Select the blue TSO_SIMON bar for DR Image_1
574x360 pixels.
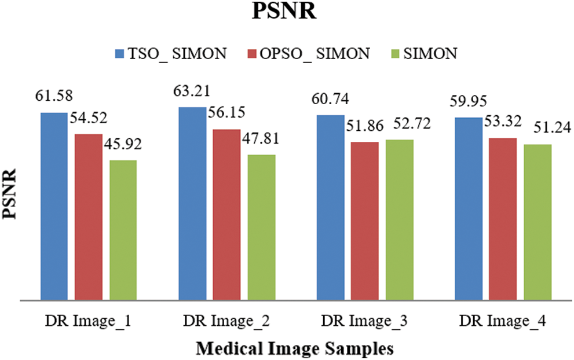[x=53, y=206]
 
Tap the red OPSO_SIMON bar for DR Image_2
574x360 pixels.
[x=226, y=215]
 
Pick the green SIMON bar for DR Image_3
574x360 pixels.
[x=400, y=220]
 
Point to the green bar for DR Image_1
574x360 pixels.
[x=123, y=230]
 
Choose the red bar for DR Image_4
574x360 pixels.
[x=503, y=219]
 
